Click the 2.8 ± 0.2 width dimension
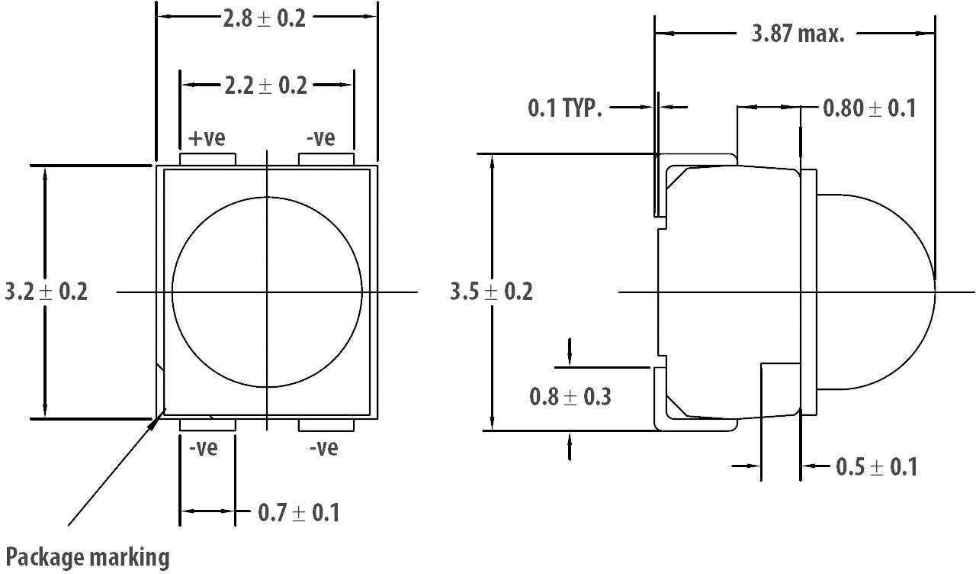[264, 18]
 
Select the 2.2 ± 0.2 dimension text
[265, 85]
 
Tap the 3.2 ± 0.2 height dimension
[46, 292]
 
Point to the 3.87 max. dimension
[798, 34]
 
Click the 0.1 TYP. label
[565, 108]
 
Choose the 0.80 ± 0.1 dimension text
[868, 108]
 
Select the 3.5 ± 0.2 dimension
[491, 292]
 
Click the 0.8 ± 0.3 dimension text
[570, 397]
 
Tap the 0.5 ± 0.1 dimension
[876, 466]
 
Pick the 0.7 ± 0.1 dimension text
[298, 513]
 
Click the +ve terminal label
[207, 138]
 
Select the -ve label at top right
[320, 138]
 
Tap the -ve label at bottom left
[203, 447]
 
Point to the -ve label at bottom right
[324, 447]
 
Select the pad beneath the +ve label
[207, 159]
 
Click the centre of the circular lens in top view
[267, 292]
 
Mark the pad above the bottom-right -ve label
[326, 424]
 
